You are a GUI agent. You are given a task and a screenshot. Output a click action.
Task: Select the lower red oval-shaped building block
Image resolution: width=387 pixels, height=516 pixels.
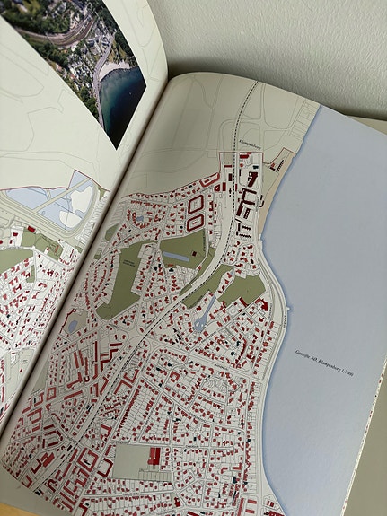(194, 224)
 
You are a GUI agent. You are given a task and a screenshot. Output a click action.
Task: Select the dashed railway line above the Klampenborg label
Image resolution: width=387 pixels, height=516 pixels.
(248, 108)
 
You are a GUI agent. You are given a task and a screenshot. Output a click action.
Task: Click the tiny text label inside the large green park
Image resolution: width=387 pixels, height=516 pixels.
(128, 262)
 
